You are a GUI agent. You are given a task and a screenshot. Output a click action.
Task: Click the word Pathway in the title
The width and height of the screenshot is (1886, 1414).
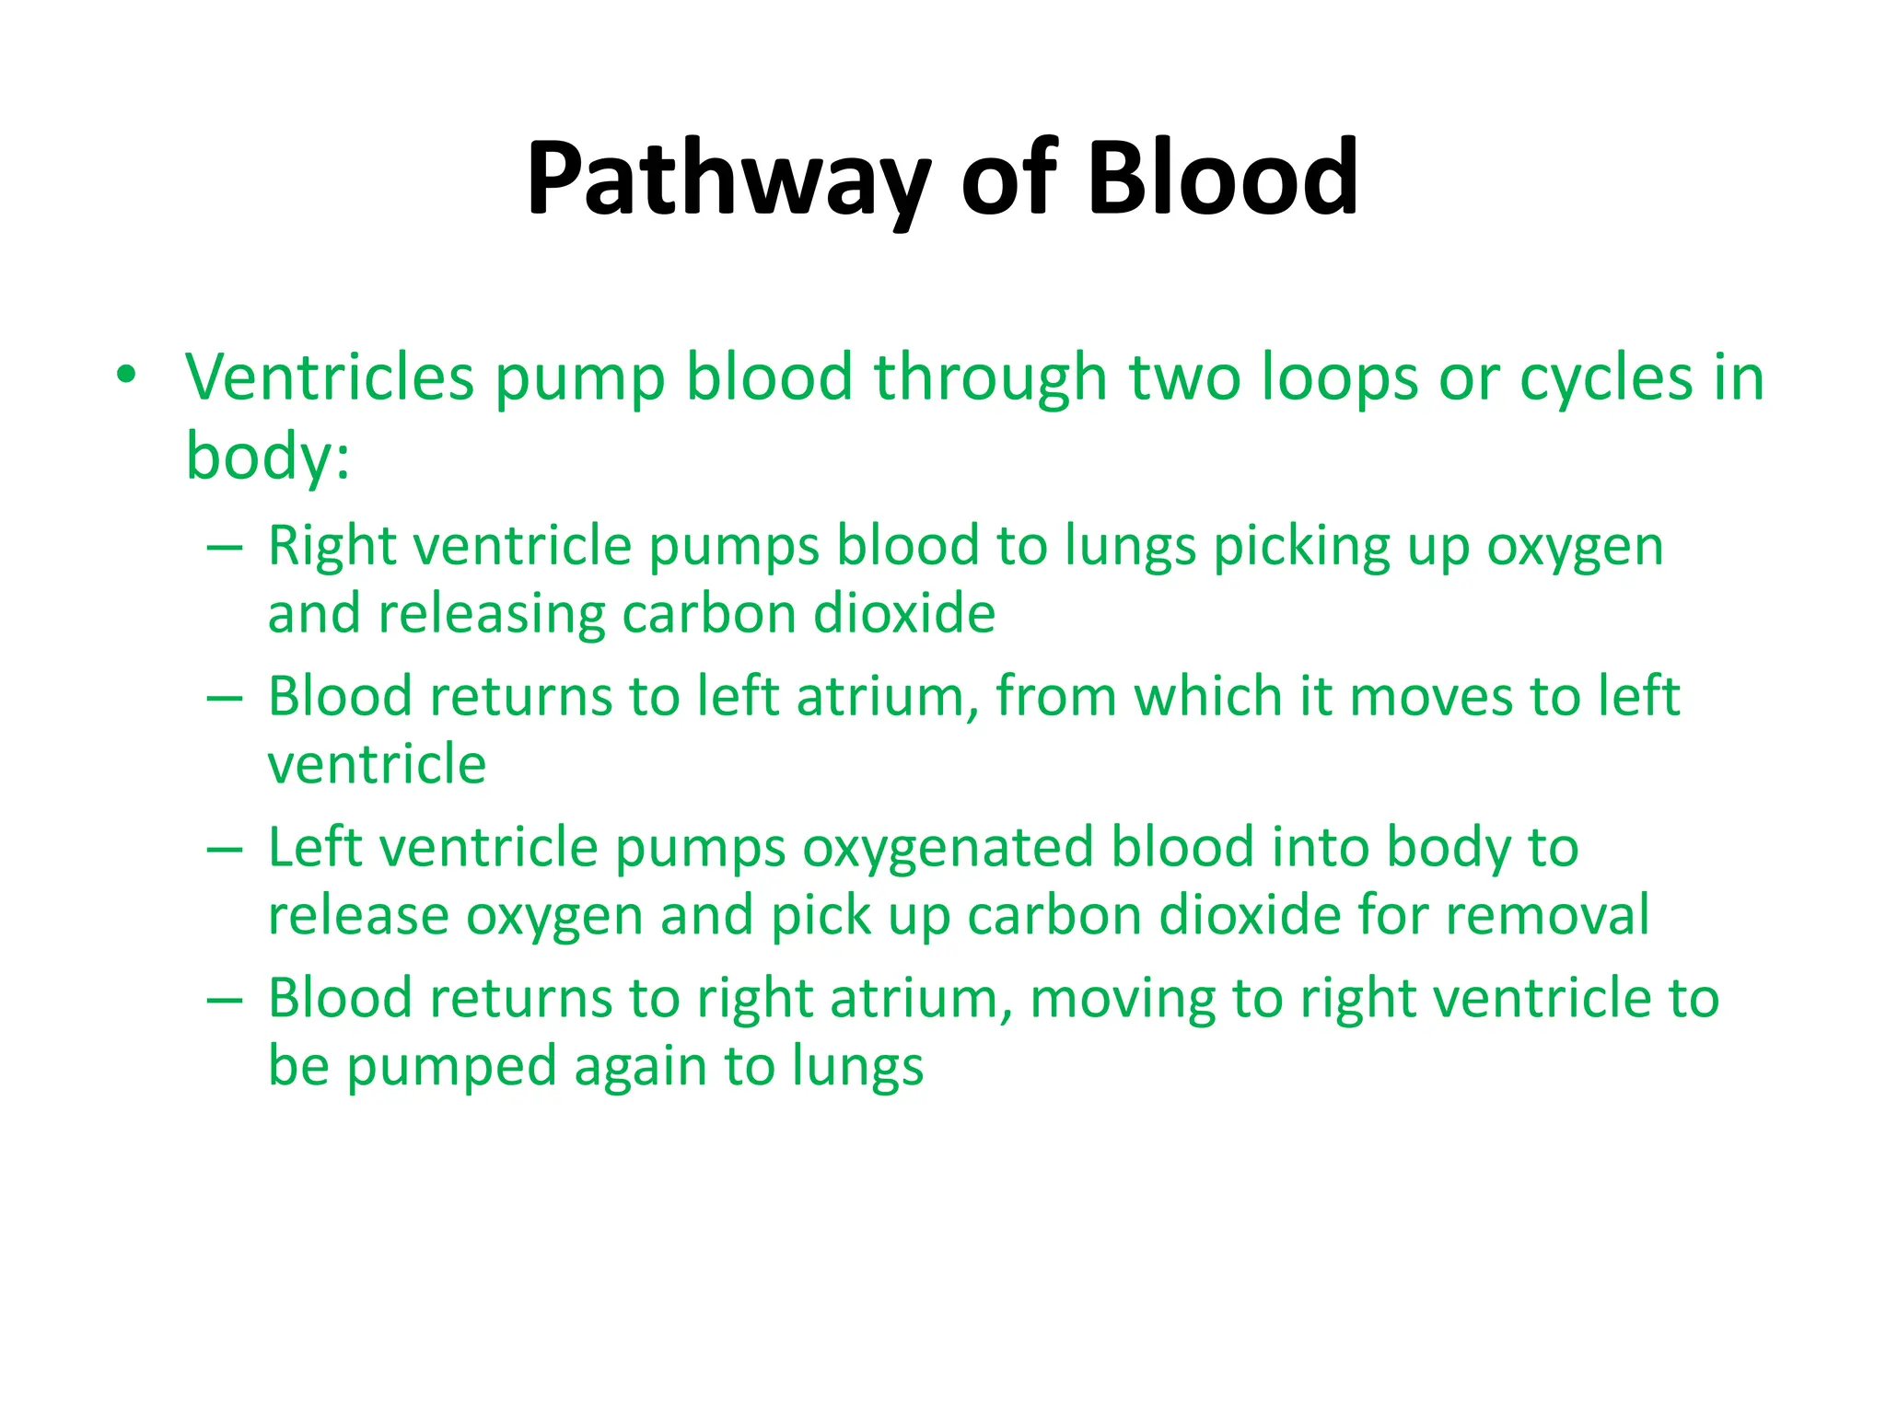[728, 179]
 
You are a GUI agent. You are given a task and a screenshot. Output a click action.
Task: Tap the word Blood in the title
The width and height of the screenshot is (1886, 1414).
[1222, 177]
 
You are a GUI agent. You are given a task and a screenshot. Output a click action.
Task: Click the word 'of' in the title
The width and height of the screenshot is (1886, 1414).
[1008, 177]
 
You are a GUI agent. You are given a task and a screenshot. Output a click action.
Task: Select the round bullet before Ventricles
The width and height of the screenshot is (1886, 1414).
[126, 375]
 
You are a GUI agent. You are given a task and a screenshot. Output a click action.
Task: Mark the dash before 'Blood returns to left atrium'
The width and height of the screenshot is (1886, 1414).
[225, 698]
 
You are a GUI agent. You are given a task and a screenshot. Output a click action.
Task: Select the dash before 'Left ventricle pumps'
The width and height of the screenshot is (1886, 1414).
[225, 849]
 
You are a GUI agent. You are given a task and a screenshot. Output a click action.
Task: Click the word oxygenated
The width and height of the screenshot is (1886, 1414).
[948, 849]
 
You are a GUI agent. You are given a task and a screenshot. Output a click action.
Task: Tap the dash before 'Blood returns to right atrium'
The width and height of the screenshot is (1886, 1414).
[225, 1000]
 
